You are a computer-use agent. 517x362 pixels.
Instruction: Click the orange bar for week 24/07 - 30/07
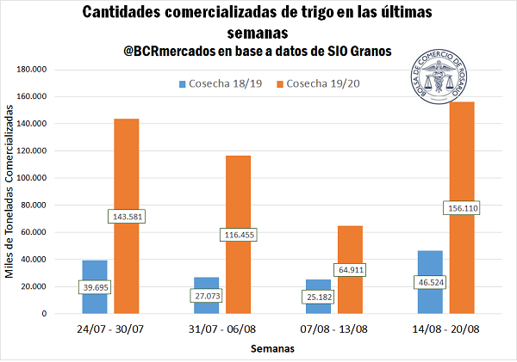(127, 172)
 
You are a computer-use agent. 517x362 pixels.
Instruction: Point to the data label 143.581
(126, 216)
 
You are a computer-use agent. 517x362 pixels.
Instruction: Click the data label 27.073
(206, 296)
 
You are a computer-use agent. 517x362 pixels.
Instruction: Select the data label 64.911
(350, 270)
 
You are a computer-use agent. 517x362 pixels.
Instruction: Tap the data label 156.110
(462, 208)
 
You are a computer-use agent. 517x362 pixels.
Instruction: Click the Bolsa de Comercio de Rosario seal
(445, 78)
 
